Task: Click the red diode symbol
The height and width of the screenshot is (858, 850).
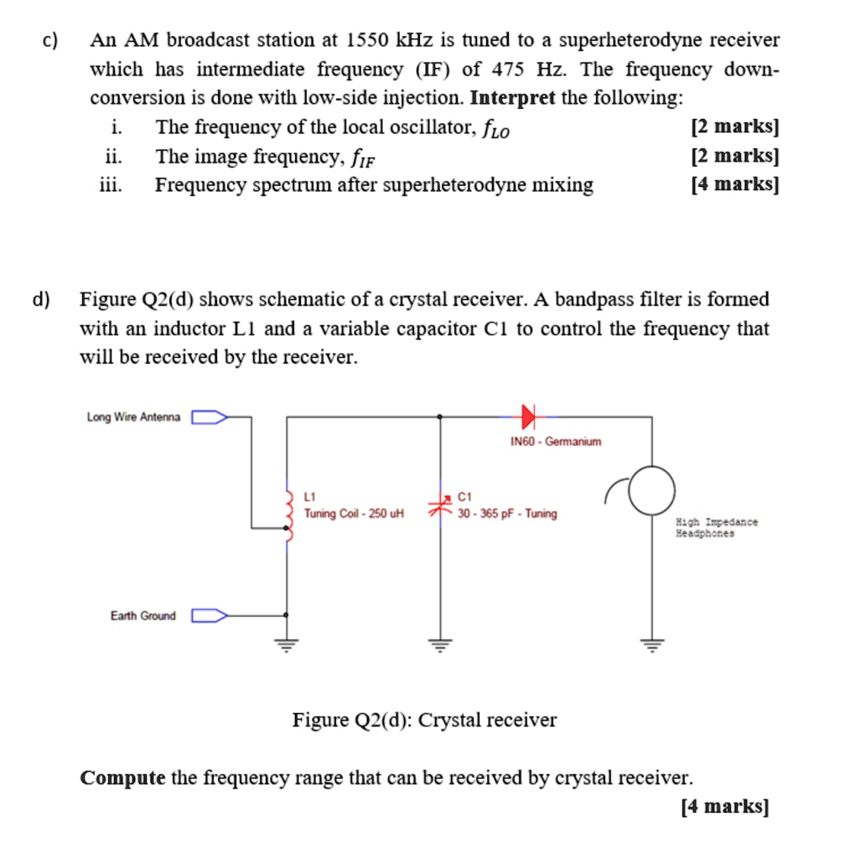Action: tap(528, 415)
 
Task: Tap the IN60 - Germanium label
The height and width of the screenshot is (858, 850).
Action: tap(556, 442)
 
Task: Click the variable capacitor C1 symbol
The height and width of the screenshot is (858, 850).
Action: tap(440, 505)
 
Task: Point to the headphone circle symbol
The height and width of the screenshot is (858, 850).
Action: tap(650, 491)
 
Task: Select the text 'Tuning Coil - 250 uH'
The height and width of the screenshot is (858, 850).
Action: tap(354, 514)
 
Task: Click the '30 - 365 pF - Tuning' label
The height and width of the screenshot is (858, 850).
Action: tap(507, 514)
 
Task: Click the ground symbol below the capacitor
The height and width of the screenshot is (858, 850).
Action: tap(440, 643)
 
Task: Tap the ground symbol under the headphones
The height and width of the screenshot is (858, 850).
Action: tap(652, 643)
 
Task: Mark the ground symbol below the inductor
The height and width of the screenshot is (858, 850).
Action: tap(288, 643)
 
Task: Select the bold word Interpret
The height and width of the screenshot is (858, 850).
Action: tap(513, 98)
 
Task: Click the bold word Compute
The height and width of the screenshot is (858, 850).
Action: tap(122, 778)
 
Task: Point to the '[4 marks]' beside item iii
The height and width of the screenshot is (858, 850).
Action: tap(734, 185)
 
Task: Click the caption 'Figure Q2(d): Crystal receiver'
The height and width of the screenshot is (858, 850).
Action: tap(424, 720)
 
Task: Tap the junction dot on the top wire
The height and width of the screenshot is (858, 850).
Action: tap(440, 416)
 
